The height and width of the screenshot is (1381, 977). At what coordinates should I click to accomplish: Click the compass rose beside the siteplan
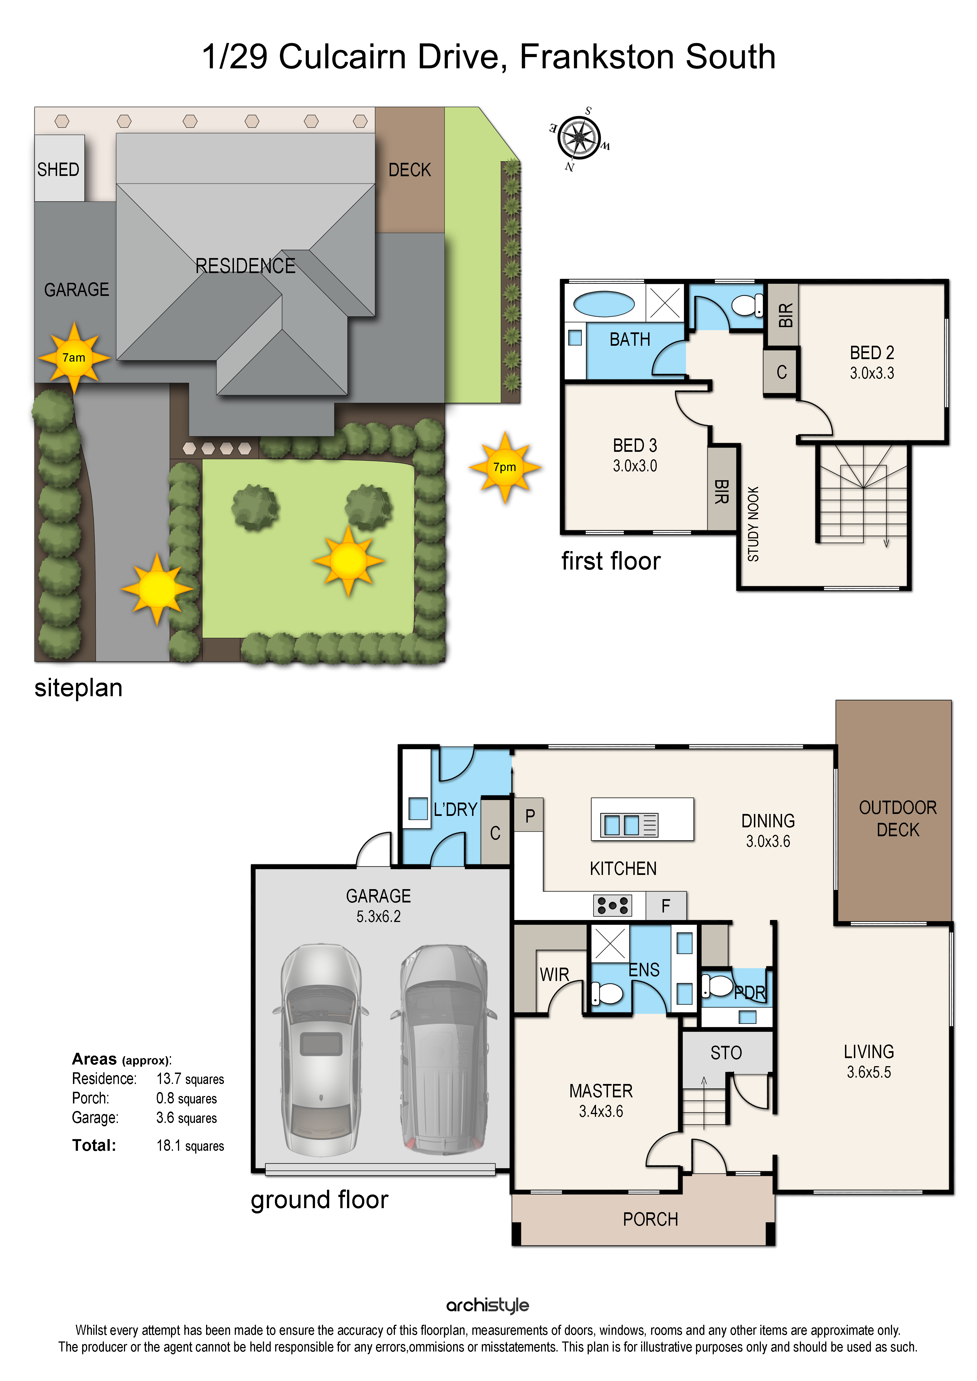579,138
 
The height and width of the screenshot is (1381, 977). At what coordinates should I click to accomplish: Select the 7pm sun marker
505,467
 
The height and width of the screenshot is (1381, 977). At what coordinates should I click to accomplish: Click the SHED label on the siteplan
58,170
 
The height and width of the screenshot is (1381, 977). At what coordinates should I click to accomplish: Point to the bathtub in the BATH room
604,304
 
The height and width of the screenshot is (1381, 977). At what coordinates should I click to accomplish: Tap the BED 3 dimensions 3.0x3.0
635,465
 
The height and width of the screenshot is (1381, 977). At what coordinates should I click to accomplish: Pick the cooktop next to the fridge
612,905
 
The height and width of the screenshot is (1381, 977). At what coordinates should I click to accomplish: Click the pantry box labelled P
529,815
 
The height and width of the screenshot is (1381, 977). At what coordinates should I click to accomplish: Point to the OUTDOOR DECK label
898,819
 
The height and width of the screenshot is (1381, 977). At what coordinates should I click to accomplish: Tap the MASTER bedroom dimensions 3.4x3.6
601,1112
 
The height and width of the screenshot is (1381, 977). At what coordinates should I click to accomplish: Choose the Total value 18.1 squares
190,1146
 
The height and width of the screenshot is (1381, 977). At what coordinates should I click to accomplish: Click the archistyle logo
488,1305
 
